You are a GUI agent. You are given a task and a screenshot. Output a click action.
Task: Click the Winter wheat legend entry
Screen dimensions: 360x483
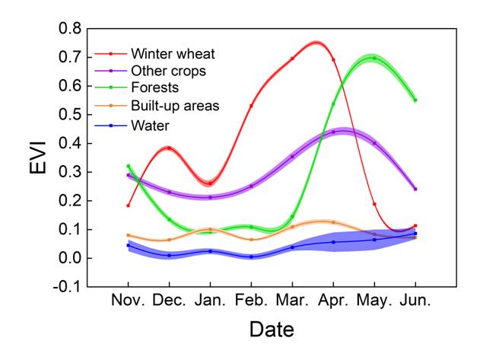coord(173,54)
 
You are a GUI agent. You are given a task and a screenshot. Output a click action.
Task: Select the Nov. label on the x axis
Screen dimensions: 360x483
coord(128,300)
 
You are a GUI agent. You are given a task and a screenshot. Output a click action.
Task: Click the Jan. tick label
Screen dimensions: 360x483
coord(210,300)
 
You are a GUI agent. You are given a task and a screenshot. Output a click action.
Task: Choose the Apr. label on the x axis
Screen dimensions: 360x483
coord(332,300)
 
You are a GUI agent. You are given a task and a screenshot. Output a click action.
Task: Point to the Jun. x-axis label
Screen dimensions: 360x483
coord(415,300)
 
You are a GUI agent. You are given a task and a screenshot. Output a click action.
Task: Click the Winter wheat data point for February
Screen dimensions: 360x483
coord(251,106)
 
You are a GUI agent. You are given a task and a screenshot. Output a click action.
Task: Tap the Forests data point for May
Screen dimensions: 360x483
coord(374,58)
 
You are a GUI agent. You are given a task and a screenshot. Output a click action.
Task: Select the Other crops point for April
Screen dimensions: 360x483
coord(333,132)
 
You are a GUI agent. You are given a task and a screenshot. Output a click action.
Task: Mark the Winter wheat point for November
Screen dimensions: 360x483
coord(129,205)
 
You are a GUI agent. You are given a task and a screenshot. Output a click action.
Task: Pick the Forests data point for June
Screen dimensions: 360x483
coord(415,100)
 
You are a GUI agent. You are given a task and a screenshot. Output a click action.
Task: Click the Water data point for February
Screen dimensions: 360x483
coord(251,256)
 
